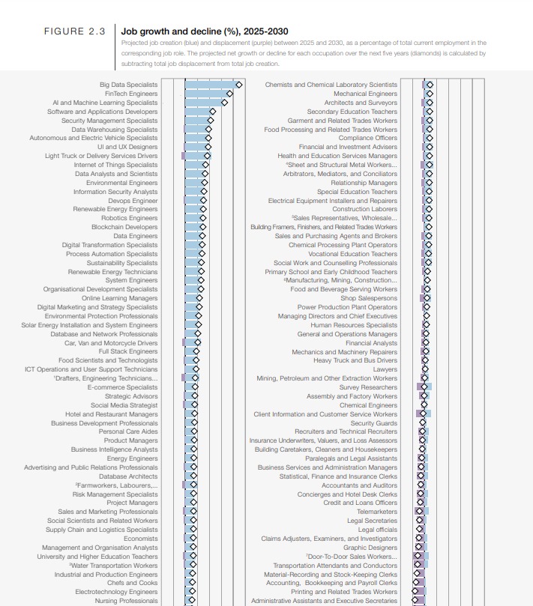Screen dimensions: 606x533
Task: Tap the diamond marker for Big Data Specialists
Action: pos(238,85)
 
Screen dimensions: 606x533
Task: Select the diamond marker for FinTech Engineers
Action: pos(229,94)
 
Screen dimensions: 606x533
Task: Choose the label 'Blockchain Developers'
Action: pos(124,227)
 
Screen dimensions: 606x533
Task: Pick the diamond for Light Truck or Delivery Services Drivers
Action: pos(208,156)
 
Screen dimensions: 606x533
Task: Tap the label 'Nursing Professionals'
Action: pos(127,601)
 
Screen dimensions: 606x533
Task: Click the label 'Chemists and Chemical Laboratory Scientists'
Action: pos(331,85)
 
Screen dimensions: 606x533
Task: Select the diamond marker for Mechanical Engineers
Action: pos(430,94)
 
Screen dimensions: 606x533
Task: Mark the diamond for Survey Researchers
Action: pos(423,387)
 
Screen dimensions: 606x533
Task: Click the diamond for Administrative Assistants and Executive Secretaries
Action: pos(415,601)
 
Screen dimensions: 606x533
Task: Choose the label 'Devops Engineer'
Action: pos(133,201)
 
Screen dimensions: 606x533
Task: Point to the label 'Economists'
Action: pos(141,539)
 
